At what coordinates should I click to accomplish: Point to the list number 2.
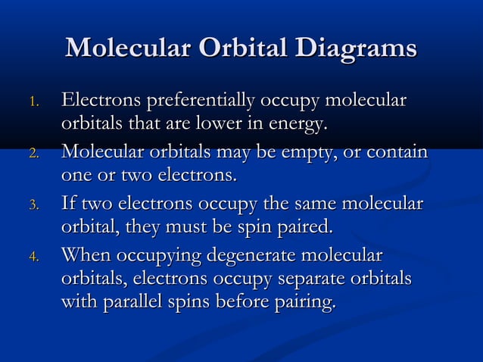click(x=32, y=155)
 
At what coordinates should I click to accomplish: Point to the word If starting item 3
click(x=69, y=203)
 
